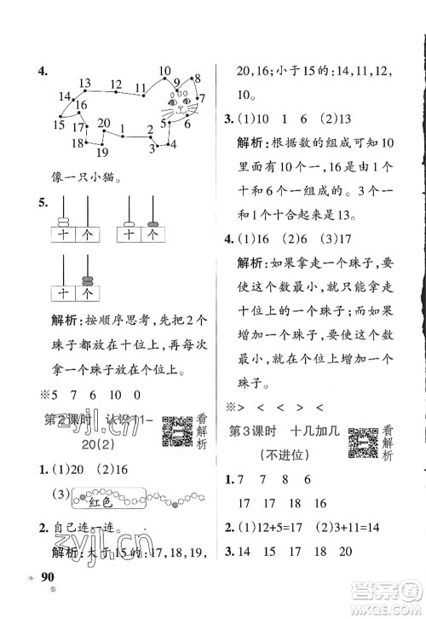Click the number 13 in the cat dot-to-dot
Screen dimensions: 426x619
coord(84,83)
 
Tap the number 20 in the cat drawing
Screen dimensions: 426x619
coord(103,123)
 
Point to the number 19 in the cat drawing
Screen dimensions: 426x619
coord(101,153)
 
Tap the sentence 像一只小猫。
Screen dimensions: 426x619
coord(82,179)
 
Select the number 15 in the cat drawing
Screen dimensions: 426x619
coord(58,124)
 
